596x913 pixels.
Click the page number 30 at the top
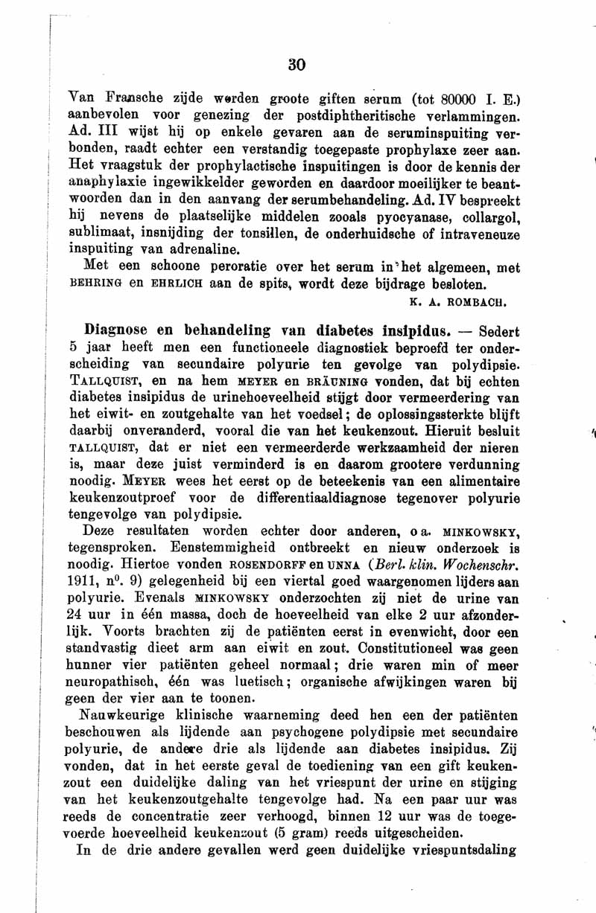[x=297, y=65]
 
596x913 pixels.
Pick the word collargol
[x=478, y=217]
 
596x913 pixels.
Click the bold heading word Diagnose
[x=115, y=329]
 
